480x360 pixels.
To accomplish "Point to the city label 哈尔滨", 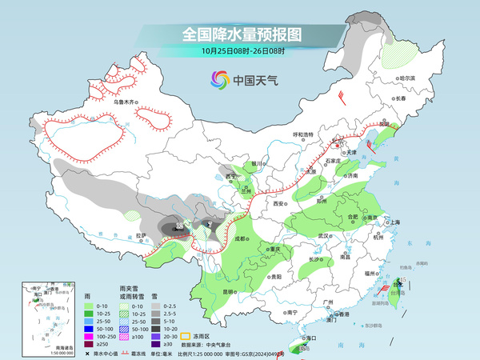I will tap(407, 78).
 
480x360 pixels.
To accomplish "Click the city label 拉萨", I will tap(141, 235).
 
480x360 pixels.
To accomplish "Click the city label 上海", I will tap(394, 222).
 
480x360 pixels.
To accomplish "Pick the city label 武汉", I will tap(323, 236).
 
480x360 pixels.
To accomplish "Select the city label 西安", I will tap(279, 205).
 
